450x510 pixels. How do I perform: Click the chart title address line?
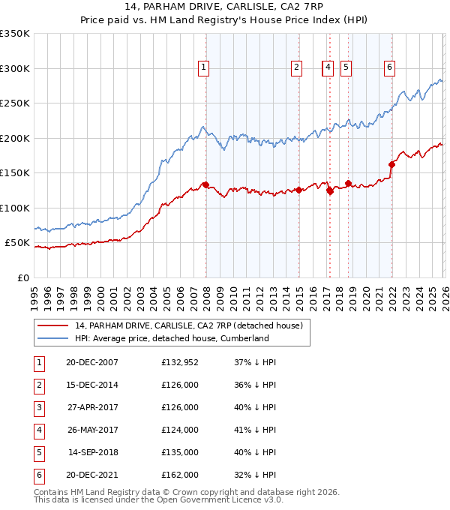(225, 8)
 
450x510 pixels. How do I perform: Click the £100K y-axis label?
(15, 208)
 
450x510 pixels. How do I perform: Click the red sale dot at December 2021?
(391, 165)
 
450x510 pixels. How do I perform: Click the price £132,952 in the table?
(180, 362)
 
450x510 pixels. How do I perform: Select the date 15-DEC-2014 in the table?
(91, 385)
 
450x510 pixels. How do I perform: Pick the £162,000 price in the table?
(180, 475)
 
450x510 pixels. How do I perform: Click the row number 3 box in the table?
(38, 407)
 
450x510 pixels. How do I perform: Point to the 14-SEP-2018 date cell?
(93, 452)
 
